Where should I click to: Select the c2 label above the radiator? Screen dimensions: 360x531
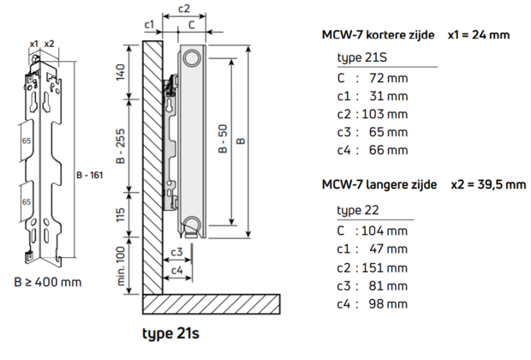pos(182,9)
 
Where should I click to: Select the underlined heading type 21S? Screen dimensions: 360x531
pos(359,57)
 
